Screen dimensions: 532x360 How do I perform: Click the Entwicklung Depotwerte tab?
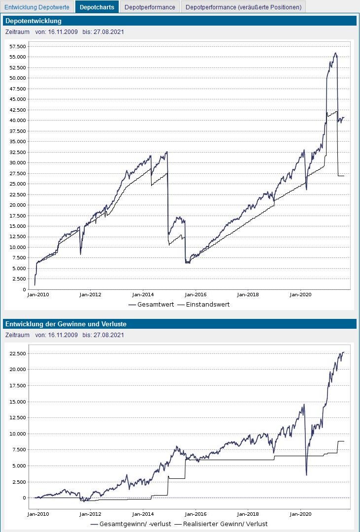coord(37,7)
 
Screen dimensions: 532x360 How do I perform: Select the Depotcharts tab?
coord(97,7)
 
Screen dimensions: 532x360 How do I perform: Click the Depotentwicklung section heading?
coord(33,21)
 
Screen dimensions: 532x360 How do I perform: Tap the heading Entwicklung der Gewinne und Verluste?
coord(65,324)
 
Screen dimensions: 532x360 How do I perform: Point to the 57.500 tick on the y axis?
coord(18,46)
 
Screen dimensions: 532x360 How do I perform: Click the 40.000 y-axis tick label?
coord(18,121)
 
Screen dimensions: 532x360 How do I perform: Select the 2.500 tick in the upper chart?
coord(19,279)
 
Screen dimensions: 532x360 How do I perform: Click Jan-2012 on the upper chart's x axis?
coord(90,295)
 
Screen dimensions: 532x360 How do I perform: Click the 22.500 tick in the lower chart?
coord(18,353)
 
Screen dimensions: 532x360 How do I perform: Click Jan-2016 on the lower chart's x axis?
coord(195,513)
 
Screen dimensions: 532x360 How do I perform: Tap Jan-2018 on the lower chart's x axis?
coord(248,513)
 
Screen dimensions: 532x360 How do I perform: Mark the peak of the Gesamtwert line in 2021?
coord(335,53)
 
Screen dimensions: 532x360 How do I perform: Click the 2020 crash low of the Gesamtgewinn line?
coord(306,475)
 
